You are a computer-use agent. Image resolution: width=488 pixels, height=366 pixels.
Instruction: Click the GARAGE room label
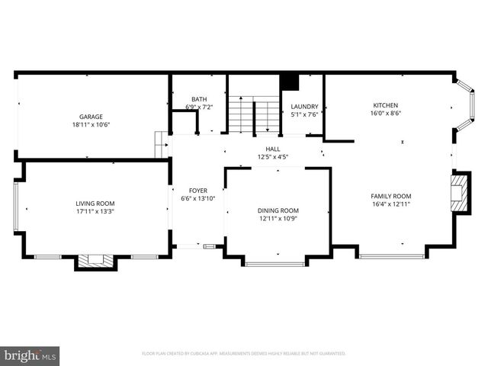pos(91,116)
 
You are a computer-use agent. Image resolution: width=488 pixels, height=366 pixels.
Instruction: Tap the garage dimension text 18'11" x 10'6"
pos(91,124)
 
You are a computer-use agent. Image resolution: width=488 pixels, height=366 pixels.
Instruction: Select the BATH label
pos(199,99)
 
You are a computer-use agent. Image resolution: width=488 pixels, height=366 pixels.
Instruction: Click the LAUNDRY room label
pos(304,106)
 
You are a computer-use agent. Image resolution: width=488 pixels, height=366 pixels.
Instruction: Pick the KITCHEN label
pos(385,105)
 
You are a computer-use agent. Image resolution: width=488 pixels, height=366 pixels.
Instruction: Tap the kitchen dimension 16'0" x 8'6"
pos(385,113)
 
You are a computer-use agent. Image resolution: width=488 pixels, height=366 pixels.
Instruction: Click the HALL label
pos(272,149)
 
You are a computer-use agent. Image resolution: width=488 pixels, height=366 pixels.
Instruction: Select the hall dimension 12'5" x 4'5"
pos(272,158)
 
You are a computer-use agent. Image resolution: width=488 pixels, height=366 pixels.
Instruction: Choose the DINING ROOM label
pos(278,210)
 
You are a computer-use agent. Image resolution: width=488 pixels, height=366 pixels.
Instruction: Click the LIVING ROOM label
pos(95,203)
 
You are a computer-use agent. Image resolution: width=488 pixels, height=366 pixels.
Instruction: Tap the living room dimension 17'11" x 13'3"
pos(95,211)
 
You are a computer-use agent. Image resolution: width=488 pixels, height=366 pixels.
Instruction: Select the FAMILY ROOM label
pos(391,196)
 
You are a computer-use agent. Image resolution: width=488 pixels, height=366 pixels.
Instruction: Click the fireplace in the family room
pos(457,194)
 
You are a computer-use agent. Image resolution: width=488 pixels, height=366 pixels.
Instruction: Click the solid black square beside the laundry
pos(289,82)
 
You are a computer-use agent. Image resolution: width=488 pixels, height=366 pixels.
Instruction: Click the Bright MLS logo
pos(30,355)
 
